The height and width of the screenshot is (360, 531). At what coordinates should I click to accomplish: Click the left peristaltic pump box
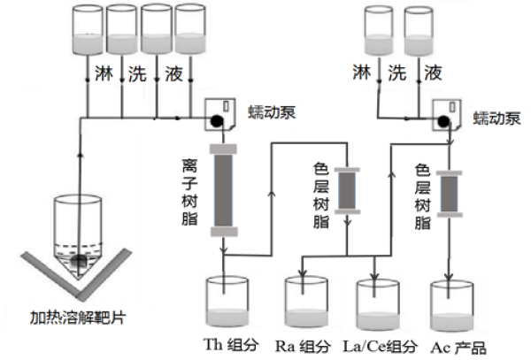(220, 112)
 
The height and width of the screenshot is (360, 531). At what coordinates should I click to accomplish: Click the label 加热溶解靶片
(77, 316)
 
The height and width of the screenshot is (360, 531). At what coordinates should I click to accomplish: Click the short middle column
(347, 190)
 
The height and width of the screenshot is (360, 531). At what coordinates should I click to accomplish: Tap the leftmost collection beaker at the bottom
(227, 305)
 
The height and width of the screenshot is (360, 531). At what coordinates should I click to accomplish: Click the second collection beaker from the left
(304, 305)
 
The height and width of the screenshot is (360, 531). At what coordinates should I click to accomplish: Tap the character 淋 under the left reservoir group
(98, 69)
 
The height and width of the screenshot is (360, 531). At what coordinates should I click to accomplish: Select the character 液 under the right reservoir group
(434, 70)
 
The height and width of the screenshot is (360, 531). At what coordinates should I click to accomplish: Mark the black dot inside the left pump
(215, 116)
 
